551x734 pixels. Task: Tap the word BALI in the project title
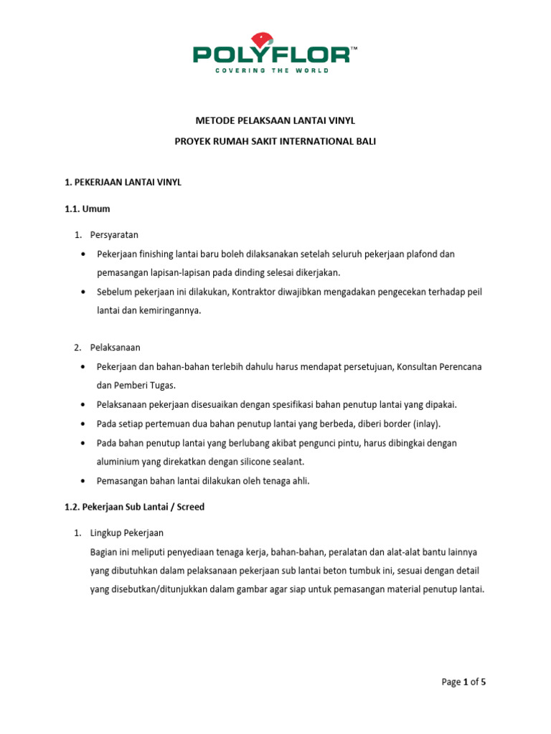(x=364, y=142)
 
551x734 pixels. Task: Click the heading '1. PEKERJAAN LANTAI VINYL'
(x=123, y=183)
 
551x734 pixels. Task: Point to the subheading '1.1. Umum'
(x=87, y=209)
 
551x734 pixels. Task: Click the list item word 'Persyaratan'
(x=114, y=234)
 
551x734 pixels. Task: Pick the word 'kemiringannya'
(x=164, y=310)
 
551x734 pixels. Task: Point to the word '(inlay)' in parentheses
(x=425, y=424)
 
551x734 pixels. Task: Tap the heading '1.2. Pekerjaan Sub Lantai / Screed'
(x=135, y=507)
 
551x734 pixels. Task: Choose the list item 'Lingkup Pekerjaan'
(x=127, y=533)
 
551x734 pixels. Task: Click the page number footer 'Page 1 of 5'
(x=463, y=682)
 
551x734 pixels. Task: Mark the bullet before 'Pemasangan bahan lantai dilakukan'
(x=83, y=481)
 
